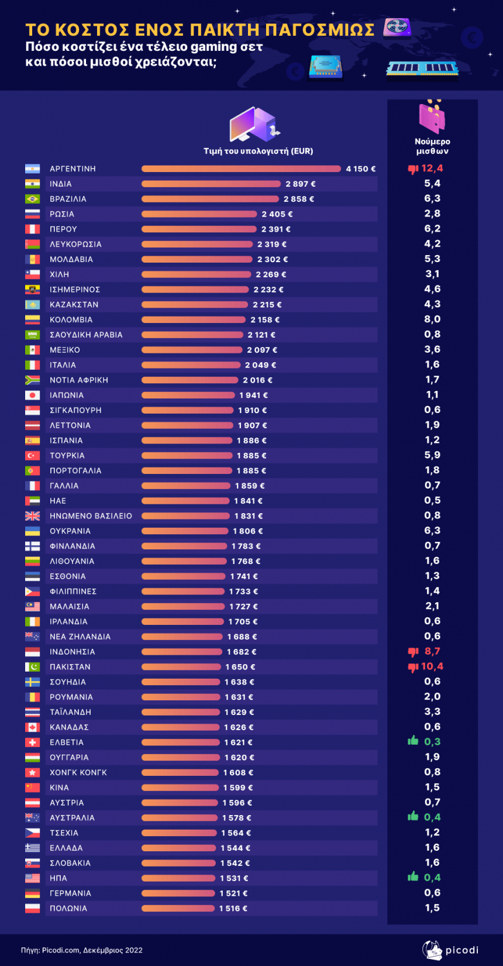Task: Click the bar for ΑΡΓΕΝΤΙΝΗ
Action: coord(241,169)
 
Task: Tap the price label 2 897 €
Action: coord(301,184)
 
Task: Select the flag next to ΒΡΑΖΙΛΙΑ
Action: coord(32,199)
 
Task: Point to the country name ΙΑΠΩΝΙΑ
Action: coord(67,396)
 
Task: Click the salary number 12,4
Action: coord(432,169)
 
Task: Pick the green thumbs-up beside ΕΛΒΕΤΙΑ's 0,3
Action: coord(414,741)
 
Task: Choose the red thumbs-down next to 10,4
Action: coord(413,667)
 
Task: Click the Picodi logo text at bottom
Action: coord(461,950)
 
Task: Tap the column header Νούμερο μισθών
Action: coord(432,146)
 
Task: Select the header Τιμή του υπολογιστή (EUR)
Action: coord(258,151)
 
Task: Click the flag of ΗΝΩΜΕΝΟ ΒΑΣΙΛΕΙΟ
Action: coord(32,516)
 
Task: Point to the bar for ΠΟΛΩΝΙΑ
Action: coord(178,909)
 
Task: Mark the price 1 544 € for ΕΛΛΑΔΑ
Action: coord(235,848)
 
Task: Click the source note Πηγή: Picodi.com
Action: coord(82,950)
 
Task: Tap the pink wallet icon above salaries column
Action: coord(432,118)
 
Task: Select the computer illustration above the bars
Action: coord(254,124)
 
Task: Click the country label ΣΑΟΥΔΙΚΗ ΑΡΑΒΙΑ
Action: coord(86,335)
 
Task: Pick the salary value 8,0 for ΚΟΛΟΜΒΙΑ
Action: coord(432,319)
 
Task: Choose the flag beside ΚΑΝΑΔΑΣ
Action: coord(32,727)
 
